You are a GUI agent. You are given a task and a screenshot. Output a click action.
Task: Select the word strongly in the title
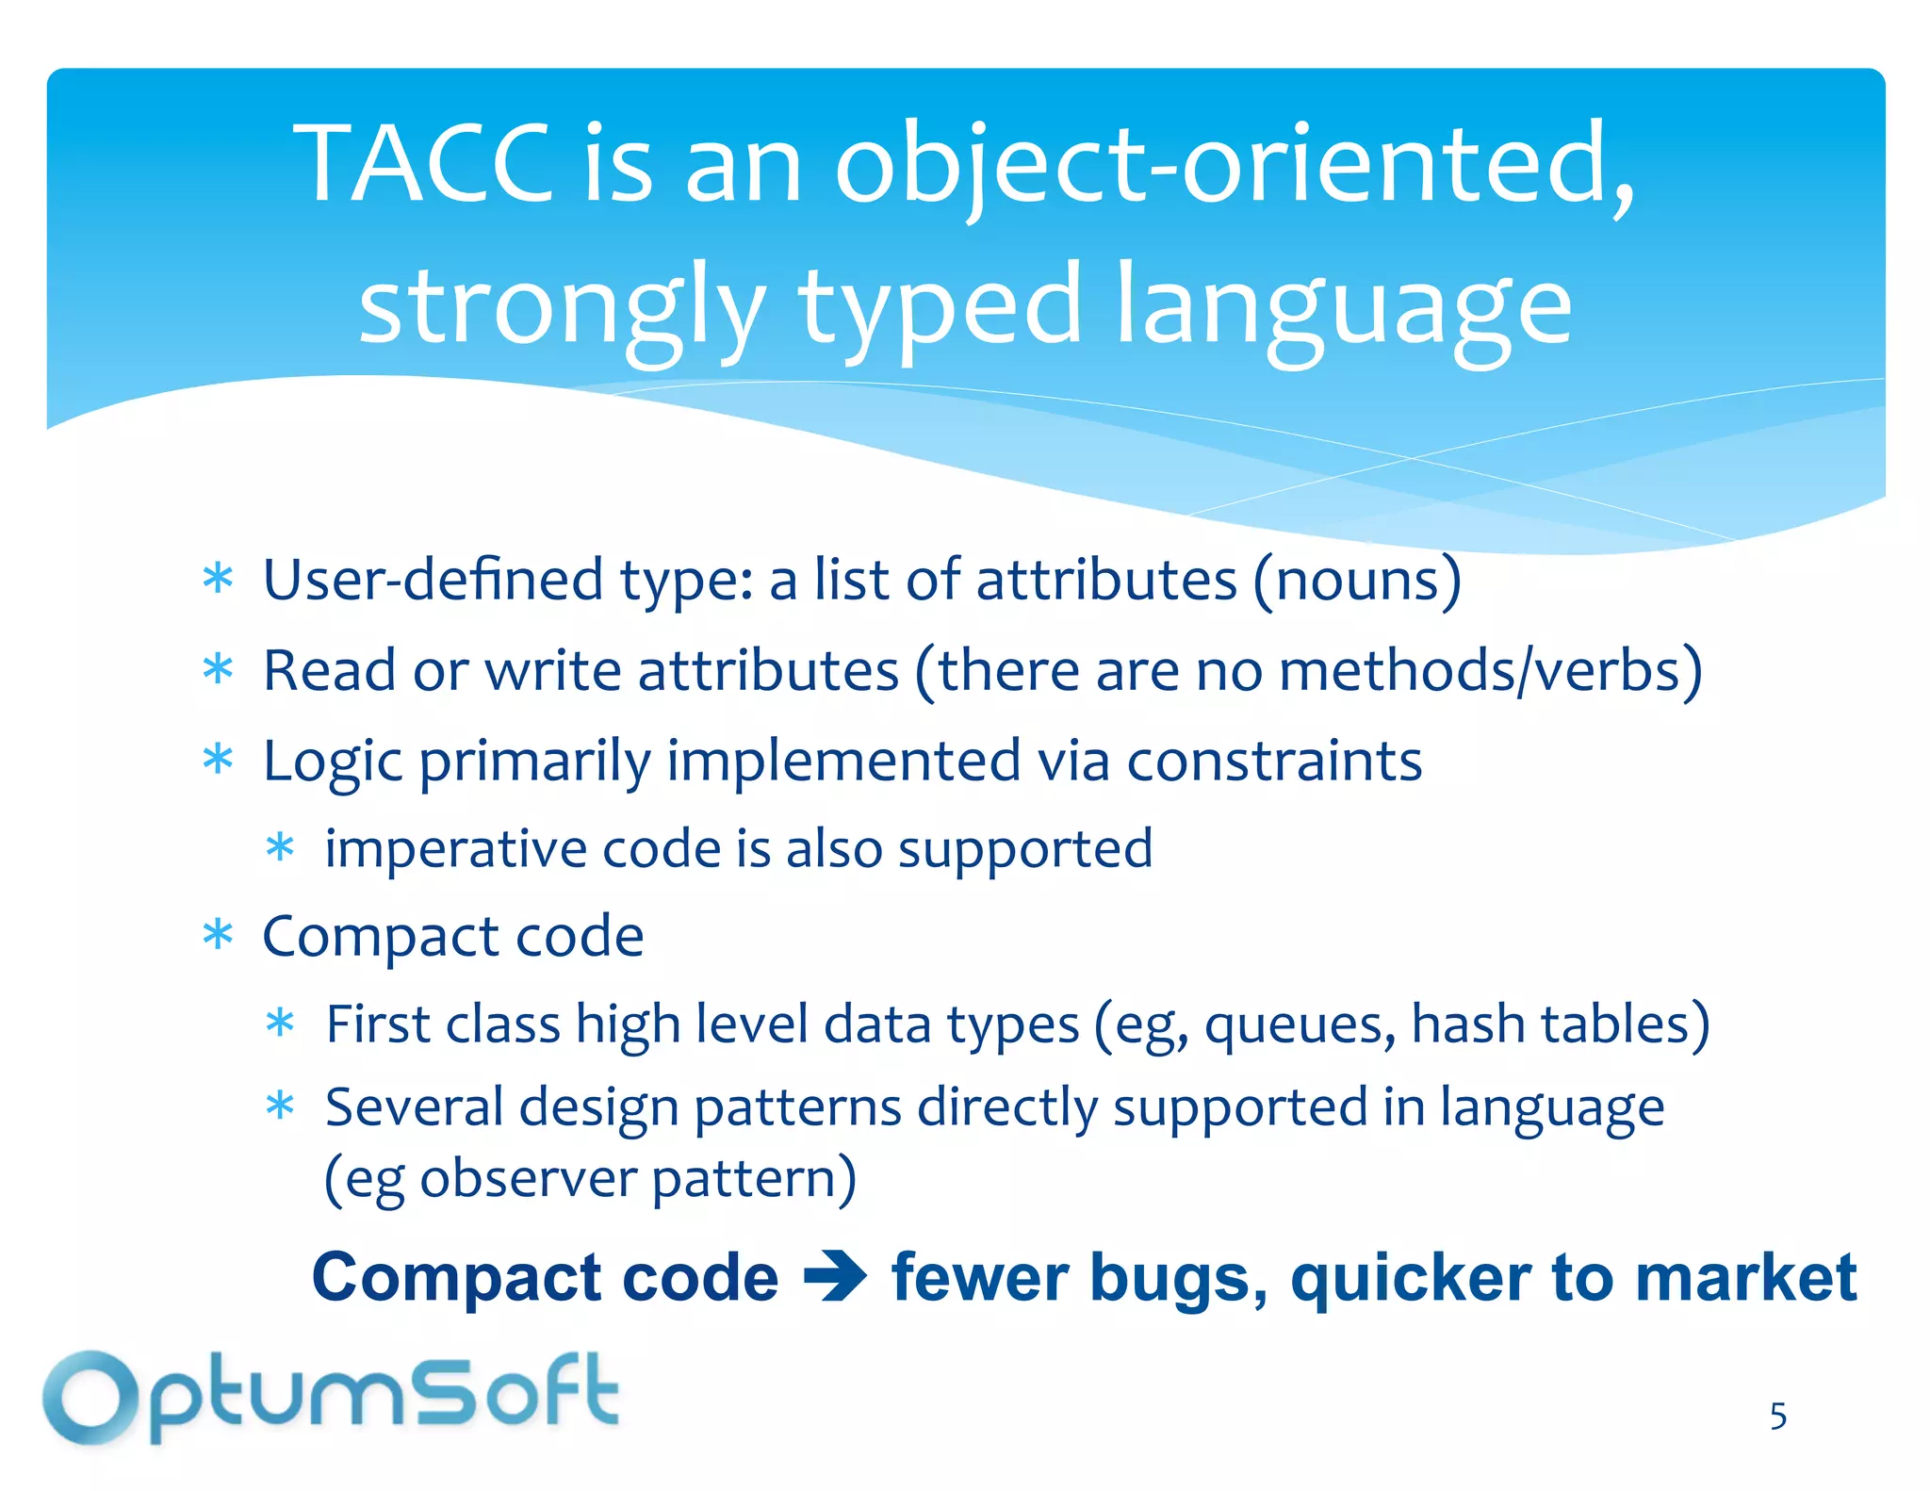562,307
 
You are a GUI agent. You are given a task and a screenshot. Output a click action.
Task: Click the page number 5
1777,1417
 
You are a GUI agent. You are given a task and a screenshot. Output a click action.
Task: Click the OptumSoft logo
330,1398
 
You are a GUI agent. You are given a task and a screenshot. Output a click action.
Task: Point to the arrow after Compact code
835,1278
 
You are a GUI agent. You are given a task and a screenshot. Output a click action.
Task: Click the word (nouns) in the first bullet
1357,581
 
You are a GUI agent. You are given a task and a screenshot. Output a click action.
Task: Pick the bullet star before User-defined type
218,580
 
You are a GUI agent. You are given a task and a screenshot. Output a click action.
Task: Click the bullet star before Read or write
218,670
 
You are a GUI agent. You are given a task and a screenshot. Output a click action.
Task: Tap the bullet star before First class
280,1024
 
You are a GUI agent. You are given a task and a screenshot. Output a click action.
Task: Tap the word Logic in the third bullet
333,762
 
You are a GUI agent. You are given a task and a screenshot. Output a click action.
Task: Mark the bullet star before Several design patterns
280,1106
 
